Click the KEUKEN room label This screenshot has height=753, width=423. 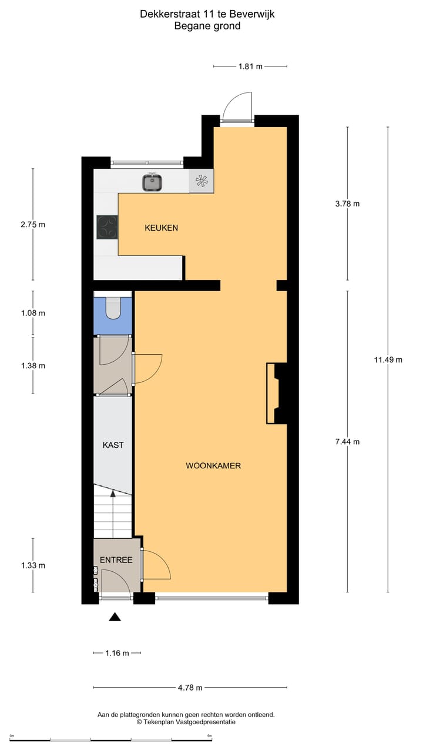pos(161,228)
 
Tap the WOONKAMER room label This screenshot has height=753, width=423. pos(213,465)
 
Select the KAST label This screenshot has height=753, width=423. pos(113,445)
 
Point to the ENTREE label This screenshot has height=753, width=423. pos(116,560)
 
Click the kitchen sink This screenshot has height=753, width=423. pos(153,182)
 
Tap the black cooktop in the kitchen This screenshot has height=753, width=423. pos(107,227)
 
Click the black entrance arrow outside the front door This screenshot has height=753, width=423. pos(115,617)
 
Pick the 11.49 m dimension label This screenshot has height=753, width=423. pos(388,360)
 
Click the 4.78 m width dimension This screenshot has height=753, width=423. pos(190,687)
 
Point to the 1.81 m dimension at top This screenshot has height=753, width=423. pos(250,66)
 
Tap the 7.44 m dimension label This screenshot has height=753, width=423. pos(347,442)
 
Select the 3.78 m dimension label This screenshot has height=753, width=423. pos(347,204)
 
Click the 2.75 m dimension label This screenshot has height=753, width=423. pos(32,224)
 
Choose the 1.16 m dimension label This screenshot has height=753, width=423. pos(117,653)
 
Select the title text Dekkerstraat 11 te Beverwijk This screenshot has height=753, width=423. pos(207,14)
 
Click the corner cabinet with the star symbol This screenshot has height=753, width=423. pos(201,181)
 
